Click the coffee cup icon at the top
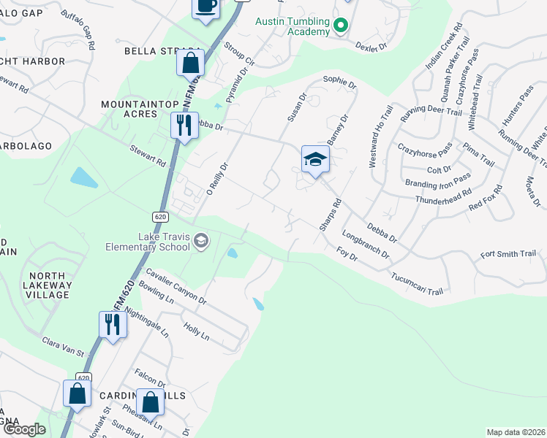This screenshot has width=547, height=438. tap(205, 7)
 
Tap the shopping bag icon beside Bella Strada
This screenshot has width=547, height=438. tap(190, 64)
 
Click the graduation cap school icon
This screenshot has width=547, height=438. tap(314, 158)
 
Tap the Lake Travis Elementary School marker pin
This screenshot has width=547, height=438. tap(202, 241)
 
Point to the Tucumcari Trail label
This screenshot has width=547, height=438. tap(417, 285)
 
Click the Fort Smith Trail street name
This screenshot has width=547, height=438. tap(508, 254)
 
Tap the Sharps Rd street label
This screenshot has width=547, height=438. tap(330, 215)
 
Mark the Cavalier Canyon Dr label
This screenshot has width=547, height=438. tap(176, 286)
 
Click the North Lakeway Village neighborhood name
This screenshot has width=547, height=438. tap(48, 285)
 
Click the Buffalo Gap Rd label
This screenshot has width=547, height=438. tap(78, 30)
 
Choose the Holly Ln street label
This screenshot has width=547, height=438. tap(196, 332)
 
